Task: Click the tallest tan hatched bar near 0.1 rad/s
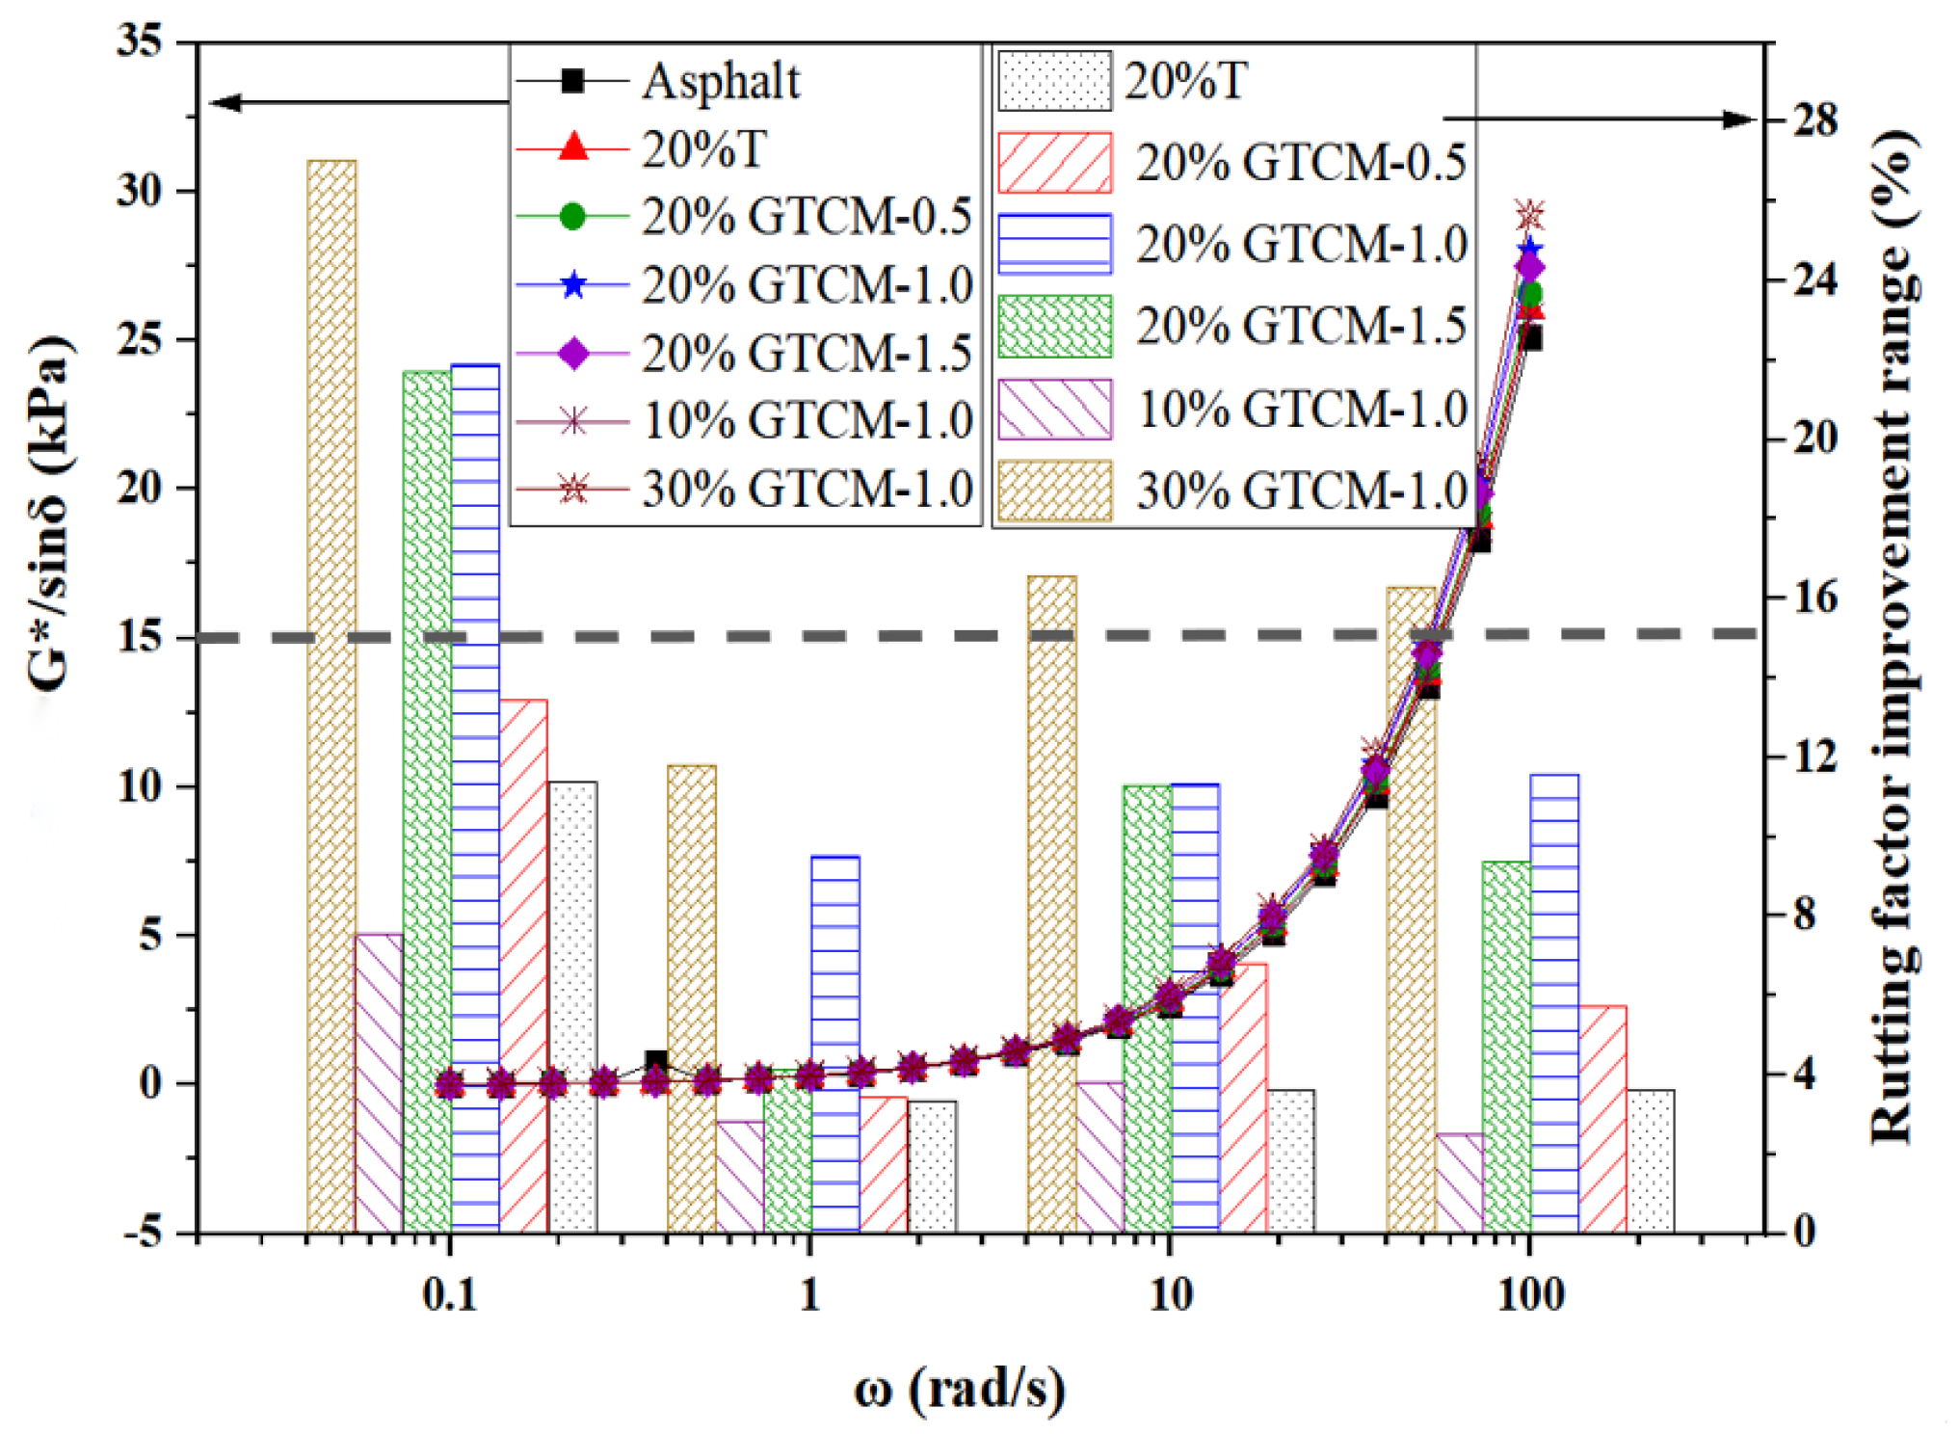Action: pos(331,694)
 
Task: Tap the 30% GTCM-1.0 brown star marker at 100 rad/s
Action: pos(1529,215)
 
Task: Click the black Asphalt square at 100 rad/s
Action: pos(1530,338)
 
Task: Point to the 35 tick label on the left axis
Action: pos(140,41)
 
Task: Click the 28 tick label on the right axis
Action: pos(1814,120)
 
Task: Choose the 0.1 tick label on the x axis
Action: pos(449,1294)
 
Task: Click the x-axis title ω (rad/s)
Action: pos(959,1389)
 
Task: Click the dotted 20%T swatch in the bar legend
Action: pos(1054,81)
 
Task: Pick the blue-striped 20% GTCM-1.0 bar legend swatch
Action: pos(1054,244)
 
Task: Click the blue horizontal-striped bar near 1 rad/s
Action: pos(834,1041)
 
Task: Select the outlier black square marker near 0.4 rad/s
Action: pos(656,1061)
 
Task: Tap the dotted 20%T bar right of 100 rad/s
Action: pos(1650,1160)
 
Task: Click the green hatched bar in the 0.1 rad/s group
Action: pos(426,800)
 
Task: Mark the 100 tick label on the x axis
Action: pos(1529,1294)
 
